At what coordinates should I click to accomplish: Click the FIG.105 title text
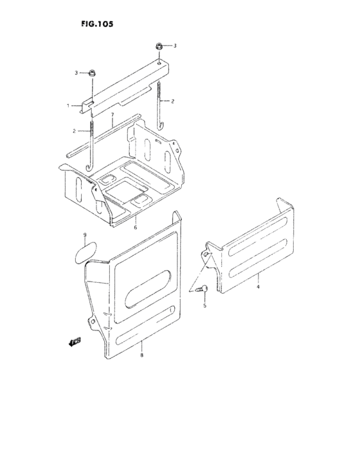pyautogui.click(x=99, y=24)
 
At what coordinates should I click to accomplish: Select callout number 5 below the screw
pyautogui.click(x=205, y=306)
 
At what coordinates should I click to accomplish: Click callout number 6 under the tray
pyautogui.click(x=135, y=227)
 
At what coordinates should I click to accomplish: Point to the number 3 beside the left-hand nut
pyautogui.click(x=76, y=73)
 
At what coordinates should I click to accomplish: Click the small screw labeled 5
pyautogui.click(x=201, y=290)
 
